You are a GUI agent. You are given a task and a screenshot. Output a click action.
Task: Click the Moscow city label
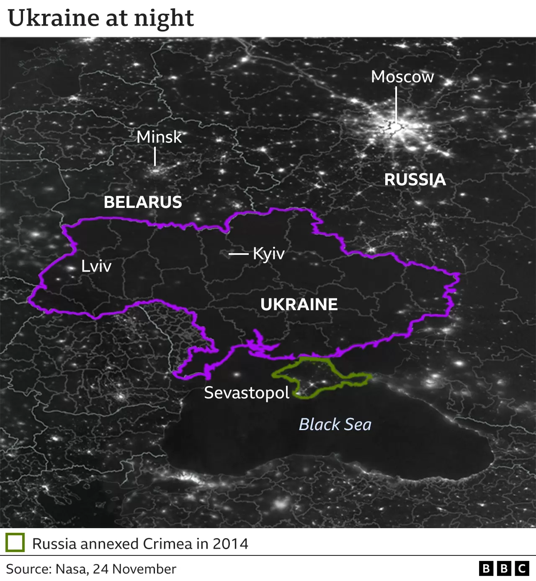pos(402,77)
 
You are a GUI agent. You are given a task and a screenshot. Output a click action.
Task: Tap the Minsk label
pos(159,137)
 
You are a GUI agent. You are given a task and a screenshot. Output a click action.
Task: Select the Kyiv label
pos(269,254)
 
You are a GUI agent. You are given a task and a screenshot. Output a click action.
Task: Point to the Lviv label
pos(96,266)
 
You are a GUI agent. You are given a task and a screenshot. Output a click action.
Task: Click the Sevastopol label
pos(247,393)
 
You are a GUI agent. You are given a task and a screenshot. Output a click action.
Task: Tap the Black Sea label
pos(335,424)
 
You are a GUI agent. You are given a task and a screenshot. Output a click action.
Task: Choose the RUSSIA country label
pos(415,179)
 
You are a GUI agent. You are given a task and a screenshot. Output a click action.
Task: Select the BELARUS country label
pos(143,202)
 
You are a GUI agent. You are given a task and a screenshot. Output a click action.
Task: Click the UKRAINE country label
pos(299,304)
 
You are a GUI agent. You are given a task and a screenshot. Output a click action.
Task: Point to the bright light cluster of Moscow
pos(396,126)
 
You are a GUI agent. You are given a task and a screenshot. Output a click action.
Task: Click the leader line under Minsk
pos(155,157)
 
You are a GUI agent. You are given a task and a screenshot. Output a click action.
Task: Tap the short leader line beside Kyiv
pos(238,254)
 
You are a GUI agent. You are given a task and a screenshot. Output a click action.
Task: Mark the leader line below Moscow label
pos(396,105)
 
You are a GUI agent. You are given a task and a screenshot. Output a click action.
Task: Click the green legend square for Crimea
pos(15,543)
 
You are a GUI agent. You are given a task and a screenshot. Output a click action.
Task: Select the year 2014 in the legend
pos(230,544)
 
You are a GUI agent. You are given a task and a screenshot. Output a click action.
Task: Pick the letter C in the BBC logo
pos(522,568)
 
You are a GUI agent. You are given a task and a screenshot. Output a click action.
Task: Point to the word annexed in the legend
pos(109,544)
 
